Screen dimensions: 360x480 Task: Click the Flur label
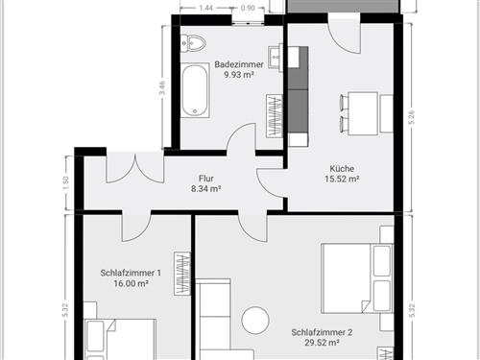pyautogui.click(x=205, y=179)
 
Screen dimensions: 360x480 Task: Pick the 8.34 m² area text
pyautogui.click(x=205, y=189)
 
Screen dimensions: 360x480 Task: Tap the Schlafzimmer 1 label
pyautogui.click(x=131, y=273)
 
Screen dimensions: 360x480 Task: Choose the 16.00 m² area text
pyautogui.click(x=131, y=283)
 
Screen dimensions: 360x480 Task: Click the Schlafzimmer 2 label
pyautogui.click(x=323, y=333)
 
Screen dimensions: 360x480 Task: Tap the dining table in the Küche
pyautogui.click(x=361, y=113)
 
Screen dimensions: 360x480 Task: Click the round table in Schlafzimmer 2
pyautogui.click(x=256, y=319)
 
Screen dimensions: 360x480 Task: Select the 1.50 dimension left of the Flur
pyautogui.click(x=65, y=182)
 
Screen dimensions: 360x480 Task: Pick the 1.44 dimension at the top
pyautogui.click(x=204, y=8)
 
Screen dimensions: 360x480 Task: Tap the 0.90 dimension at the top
pyautogui.click(x=247, y=8)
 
